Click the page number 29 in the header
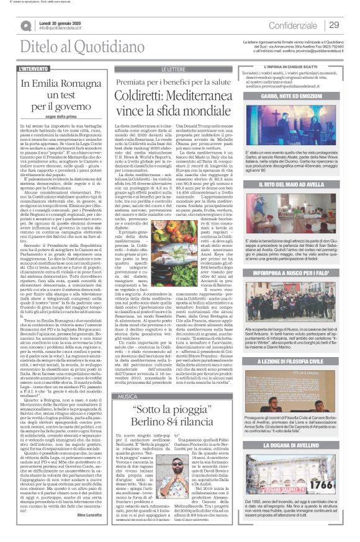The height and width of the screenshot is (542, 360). point(334,25)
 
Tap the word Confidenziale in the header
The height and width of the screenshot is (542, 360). point(292,25)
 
